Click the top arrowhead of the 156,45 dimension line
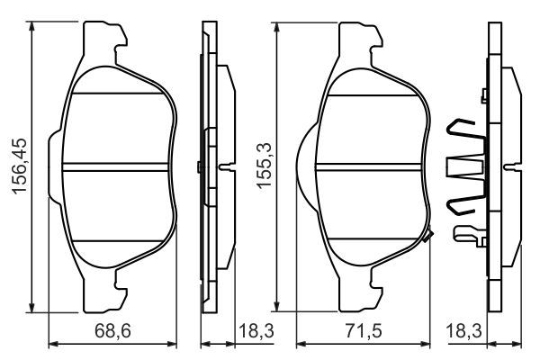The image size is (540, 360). (33, 27)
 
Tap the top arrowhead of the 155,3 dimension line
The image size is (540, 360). (279, 27)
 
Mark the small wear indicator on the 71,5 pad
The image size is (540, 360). (429, 237)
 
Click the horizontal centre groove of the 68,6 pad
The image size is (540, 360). (117, 166)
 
